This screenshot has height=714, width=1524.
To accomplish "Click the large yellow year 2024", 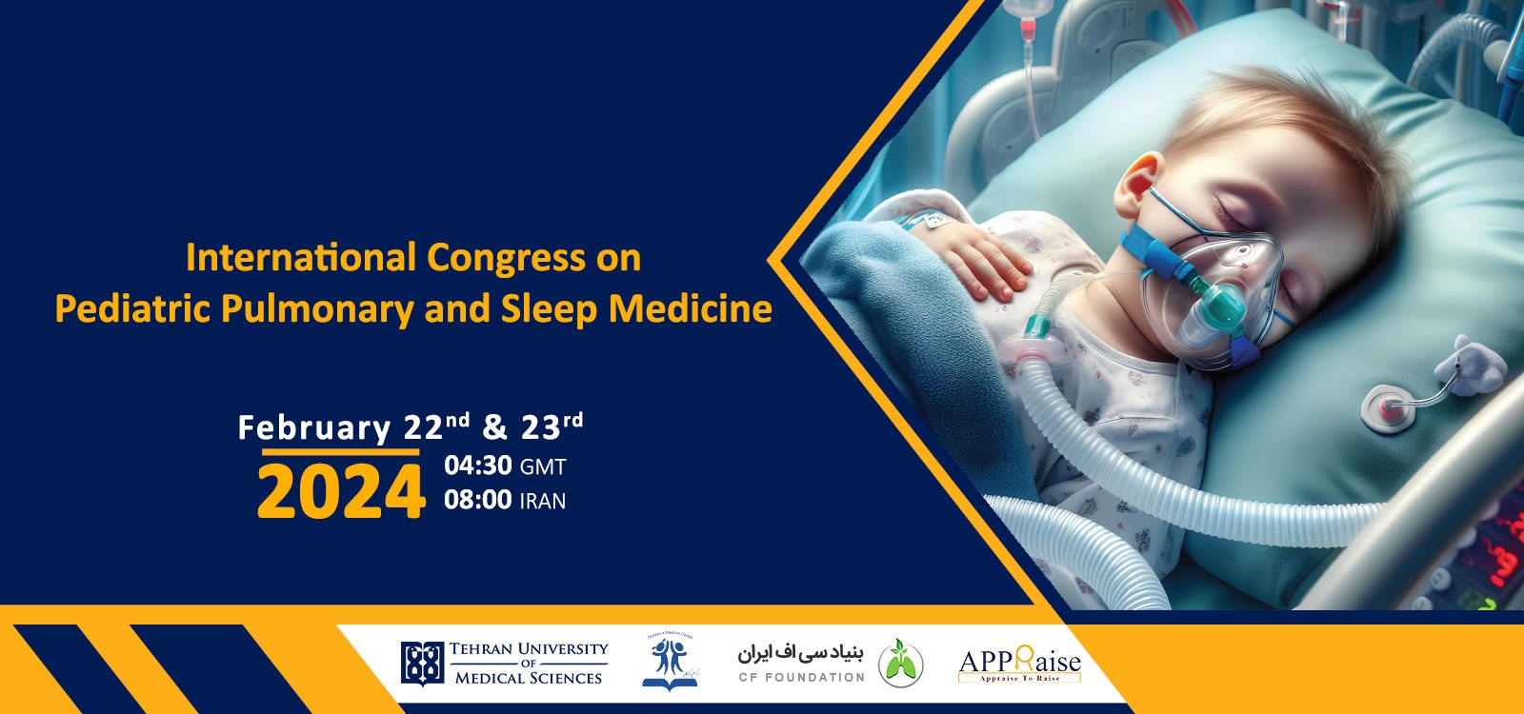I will [x=340, y=492].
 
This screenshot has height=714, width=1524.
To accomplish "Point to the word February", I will [x=314, y=428].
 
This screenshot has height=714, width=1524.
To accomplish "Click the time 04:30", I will [x=478, y=466].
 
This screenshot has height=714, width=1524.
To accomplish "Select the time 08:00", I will [x=478, y=500].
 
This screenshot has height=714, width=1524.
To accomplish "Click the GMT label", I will [x=543, y=467].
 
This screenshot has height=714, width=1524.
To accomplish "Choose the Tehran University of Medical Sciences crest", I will [x=422, y=663].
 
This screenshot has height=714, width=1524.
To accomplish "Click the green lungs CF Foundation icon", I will [x=900, y=663].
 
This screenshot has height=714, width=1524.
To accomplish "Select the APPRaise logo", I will [x=1019, y=664].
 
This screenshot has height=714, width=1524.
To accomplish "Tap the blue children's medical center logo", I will [x=670, y=662].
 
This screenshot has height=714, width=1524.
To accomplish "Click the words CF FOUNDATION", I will [x=801, y=677].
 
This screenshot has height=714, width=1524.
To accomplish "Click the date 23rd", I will [x=551, y=426].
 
